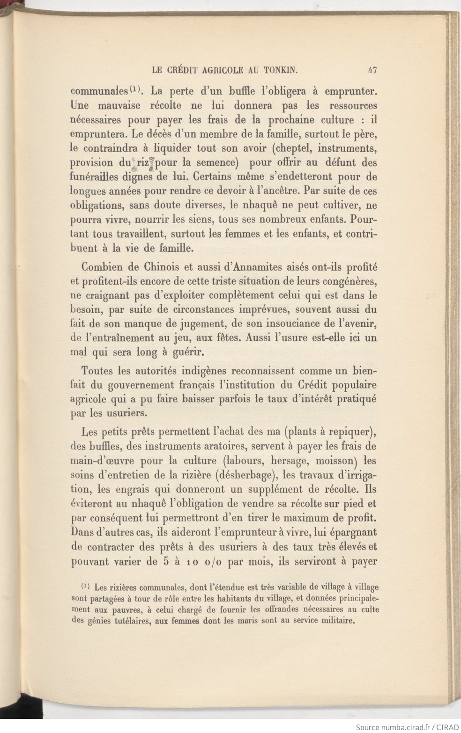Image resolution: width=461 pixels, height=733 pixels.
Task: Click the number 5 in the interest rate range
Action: click(x=164, y=561)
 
